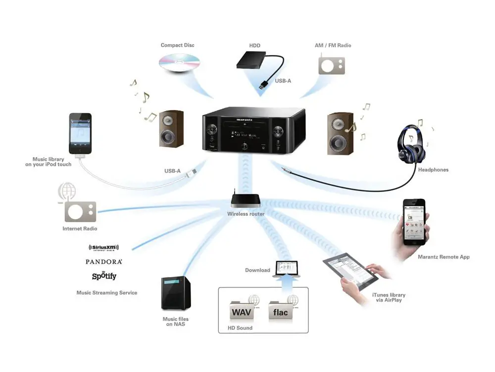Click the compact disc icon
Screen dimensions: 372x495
point(179,63)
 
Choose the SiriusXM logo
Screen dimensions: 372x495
point(103,248)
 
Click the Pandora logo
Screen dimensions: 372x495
point(103,261)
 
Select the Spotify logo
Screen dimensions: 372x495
point(104,276)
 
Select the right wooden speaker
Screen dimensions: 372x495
point(340,133)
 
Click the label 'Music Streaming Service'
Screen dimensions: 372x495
point(106,293)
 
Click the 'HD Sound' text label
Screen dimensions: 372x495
point(240,328)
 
